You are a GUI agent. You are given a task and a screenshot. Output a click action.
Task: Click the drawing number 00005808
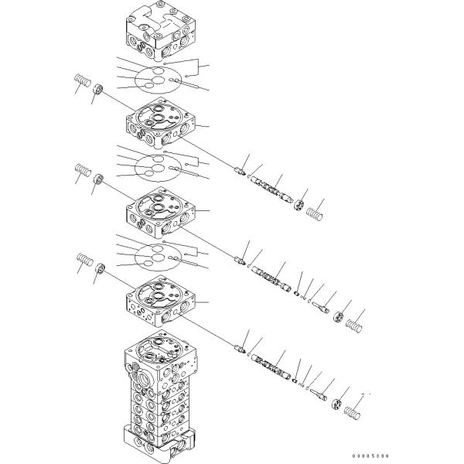tap(370, 456)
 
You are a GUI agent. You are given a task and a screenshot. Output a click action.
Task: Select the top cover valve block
tap(161, 30)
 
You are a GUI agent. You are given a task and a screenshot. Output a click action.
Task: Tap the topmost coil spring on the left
tap(82, 80)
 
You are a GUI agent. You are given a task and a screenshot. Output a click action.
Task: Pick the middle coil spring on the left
tap(83, 170)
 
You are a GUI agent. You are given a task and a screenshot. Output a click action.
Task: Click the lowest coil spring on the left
tap(85, 260)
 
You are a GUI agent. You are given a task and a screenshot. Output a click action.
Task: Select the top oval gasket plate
tap(157, 80)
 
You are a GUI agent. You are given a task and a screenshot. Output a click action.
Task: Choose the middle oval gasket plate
tap(157, 169)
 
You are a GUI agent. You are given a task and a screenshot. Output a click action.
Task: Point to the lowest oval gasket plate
tap(157, 258)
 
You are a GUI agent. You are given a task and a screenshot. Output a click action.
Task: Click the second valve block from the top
tap(161, 123)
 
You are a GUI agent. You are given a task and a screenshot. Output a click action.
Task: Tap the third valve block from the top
tap(161, 213)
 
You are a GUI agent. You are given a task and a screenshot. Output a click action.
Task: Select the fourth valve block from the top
tap(161, 302)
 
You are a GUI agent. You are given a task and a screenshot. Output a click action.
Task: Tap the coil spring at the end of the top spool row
tap(314, 213)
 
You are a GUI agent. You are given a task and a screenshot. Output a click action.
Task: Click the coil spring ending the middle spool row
tap(354, 326)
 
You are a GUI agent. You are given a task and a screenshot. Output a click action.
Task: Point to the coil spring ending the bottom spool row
tap(353, 413)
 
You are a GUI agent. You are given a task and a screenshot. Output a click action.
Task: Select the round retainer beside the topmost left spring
tap(98, 89)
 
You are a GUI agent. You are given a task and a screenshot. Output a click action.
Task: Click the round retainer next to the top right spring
tap(299, 205)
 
